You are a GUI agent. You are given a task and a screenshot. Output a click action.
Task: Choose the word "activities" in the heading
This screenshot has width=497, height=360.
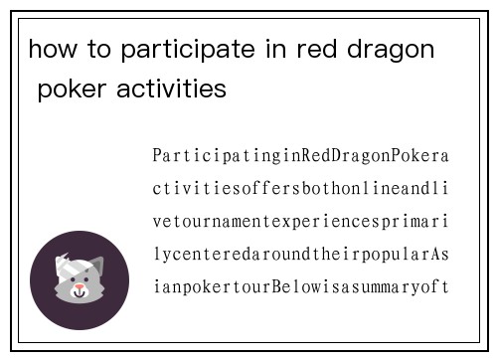tap(171, 90)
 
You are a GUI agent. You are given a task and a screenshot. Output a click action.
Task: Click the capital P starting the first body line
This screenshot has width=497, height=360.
tap(158, 157)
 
